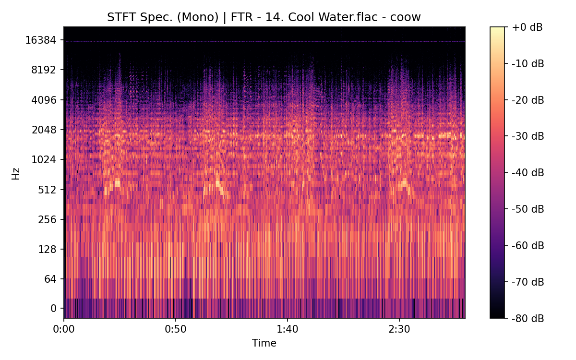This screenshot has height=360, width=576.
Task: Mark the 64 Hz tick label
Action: pyautogui.click(x=51, y=279)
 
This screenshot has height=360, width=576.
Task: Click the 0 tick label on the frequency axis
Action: pyautogui.click(x=54, y=309)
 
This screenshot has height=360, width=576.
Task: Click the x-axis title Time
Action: pyautogui.click(x=264, y=343)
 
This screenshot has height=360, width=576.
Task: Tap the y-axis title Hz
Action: pyautogui.click(x=16, y=173)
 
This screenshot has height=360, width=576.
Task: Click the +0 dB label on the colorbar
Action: pyautogui.click(x=527, y=27)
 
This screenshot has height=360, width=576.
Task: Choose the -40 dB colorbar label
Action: pyautogui.click(x=528, y=172)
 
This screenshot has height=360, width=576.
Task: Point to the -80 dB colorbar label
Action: pyautogui.click(x=528, y=318)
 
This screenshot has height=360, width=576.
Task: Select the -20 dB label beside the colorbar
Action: pyautogui.click(x=528, y=100)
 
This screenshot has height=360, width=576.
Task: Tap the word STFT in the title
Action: pyautogui.click(x=119, y=17)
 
